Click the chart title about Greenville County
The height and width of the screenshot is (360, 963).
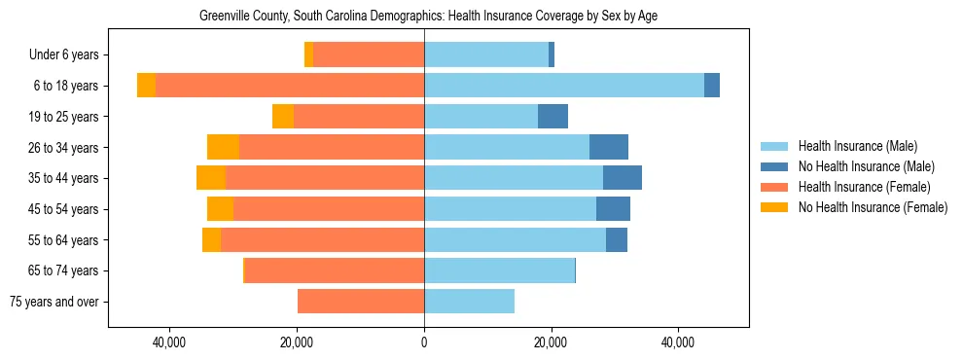pos(428,17)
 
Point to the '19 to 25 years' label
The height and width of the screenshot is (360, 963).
pos(63,117)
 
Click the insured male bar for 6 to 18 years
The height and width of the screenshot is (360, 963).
pos(564,86)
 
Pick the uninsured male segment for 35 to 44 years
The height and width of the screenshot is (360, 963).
pos(623,178)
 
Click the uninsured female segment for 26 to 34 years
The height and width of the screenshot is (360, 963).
pos(223,147)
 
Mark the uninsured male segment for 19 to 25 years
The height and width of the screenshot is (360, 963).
pos(553,117)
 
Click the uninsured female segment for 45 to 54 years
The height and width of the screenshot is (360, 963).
pos(220,209)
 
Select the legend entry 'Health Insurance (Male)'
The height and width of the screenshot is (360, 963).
pos(857,146)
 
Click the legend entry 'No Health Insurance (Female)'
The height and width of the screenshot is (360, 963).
pos(873,207)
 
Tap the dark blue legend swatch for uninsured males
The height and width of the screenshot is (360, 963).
pos(774,166)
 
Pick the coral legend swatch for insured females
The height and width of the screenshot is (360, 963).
pos(774,187)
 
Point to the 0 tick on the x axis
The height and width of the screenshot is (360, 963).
pos(424,342)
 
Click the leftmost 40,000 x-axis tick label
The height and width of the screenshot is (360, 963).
pos(169,342)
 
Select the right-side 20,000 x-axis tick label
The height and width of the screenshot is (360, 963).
pos(551,342)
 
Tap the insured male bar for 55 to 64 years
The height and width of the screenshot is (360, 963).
pos(515,239)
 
